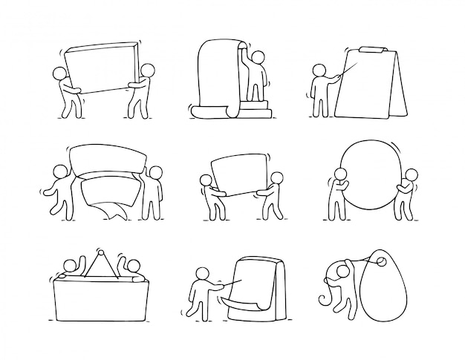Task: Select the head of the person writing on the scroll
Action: (x=258, y=57)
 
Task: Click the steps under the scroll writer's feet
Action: (x=257, y=108)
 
